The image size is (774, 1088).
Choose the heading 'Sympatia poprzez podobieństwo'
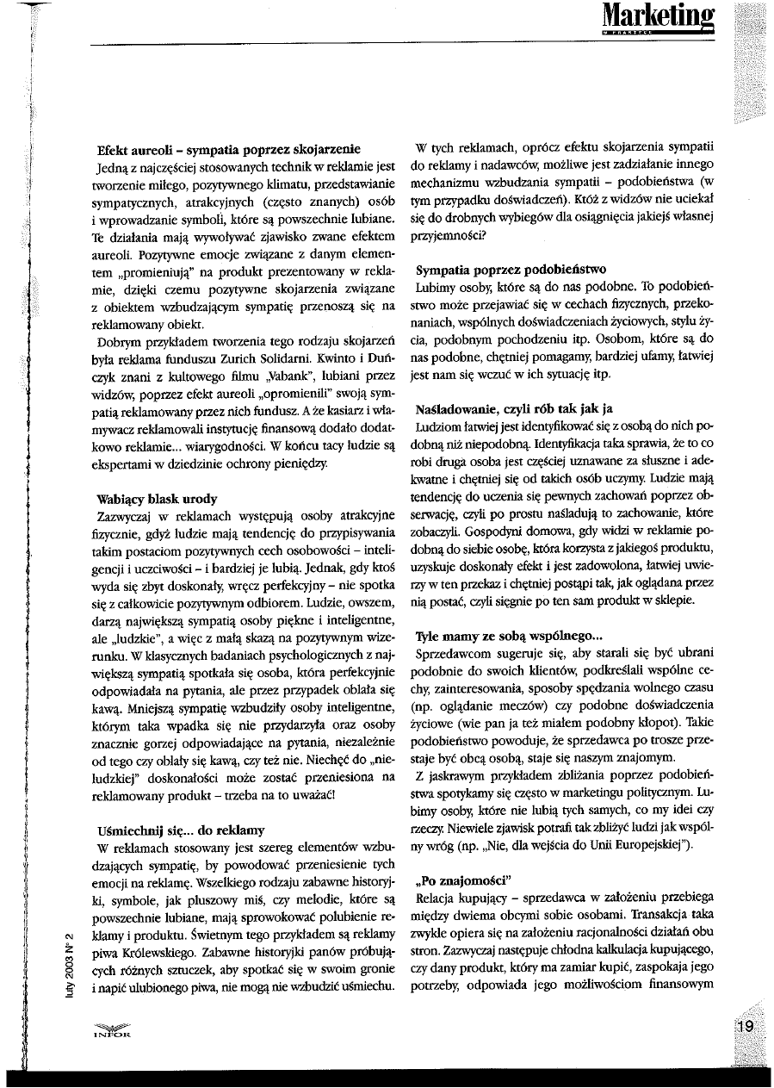[511, 269]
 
